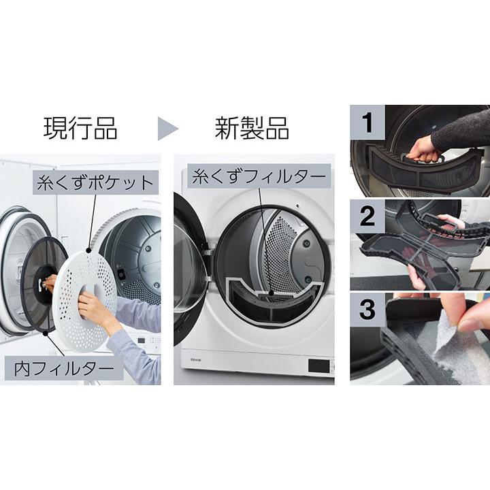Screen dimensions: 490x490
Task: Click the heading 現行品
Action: [x=80, y=128]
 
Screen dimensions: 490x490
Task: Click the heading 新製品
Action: [x=252, y=128]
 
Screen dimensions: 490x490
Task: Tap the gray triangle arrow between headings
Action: [x=167, y=128]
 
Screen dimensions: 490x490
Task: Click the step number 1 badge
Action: [x=368, y=123]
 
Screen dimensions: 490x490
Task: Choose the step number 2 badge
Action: [x=368, y=216]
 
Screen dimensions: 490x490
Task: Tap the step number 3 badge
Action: [x=368, y=310]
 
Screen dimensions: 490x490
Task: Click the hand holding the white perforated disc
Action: [x=95, y=310]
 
